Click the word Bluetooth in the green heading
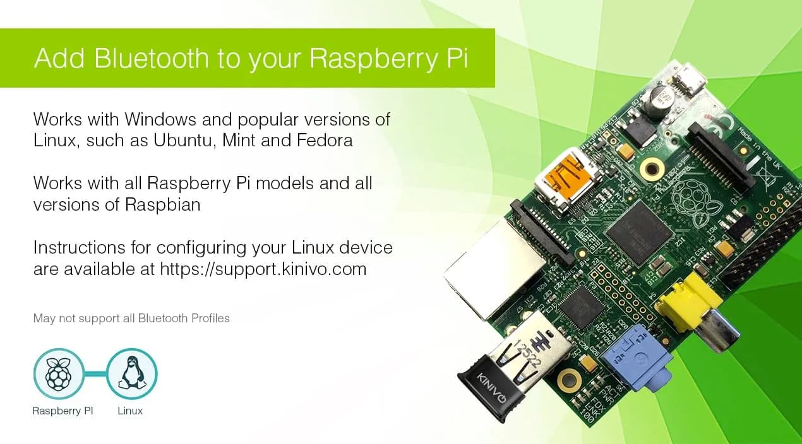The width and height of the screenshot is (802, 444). click(x=151, y=57)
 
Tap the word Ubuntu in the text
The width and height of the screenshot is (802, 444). click(x=183, y=140)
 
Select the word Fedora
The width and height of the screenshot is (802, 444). click(x=325, y=140)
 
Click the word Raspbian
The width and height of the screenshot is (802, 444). click(x=162, y=205)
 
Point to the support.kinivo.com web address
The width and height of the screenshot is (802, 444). click(x=263, y=269)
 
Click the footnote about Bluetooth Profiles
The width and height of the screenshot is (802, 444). click(x=131, y=318)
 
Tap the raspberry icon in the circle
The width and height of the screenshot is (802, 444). click(x=59, y=373)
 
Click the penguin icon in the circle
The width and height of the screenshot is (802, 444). click(x=132, y=373)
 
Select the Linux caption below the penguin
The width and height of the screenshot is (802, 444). click(x=130, y=411)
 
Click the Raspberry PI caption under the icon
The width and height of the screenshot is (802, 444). click(x=63, y=411)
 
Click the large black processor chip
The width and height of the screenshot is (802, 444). click(x=640, y=232)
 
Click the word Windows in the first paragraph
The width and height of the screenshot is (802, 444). click(x=160, y=119)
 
